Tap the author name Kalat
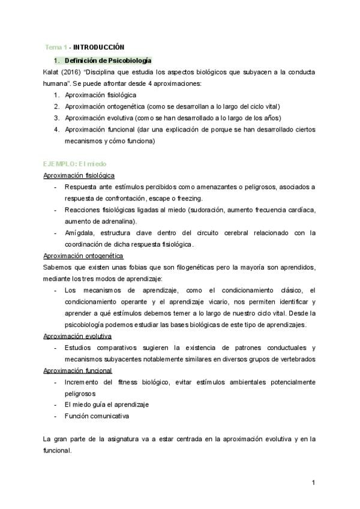(52, 72)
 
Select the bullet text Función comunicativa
(97, 416)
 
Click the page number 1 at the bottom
(313, 482)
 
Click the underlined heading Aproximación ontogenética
(83, 256)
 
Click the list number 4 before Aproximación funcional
(56, 130)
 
